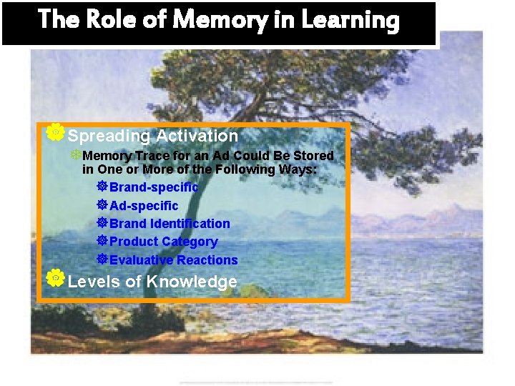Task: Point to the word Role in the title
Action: point(112,19)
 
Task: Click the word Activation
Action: point(197,135)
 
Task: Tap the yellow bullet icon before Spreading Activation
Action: point(54,132)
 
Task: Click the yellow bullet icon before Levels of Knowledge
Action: point(54,279)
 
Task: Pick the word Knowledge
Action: point(192,282)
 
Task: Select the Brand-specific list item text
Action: point(153,187)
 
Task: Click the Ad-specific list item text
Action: point(144,206)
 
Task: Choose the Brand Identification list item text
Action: point(170,224)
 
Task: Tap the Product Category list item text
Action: point(163,242)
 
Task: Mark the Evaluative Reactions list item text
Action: point(173,260)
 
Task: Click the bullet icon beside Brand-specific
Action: point(102,187)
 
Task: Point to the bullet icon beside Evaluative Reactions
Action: point(102,259)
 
